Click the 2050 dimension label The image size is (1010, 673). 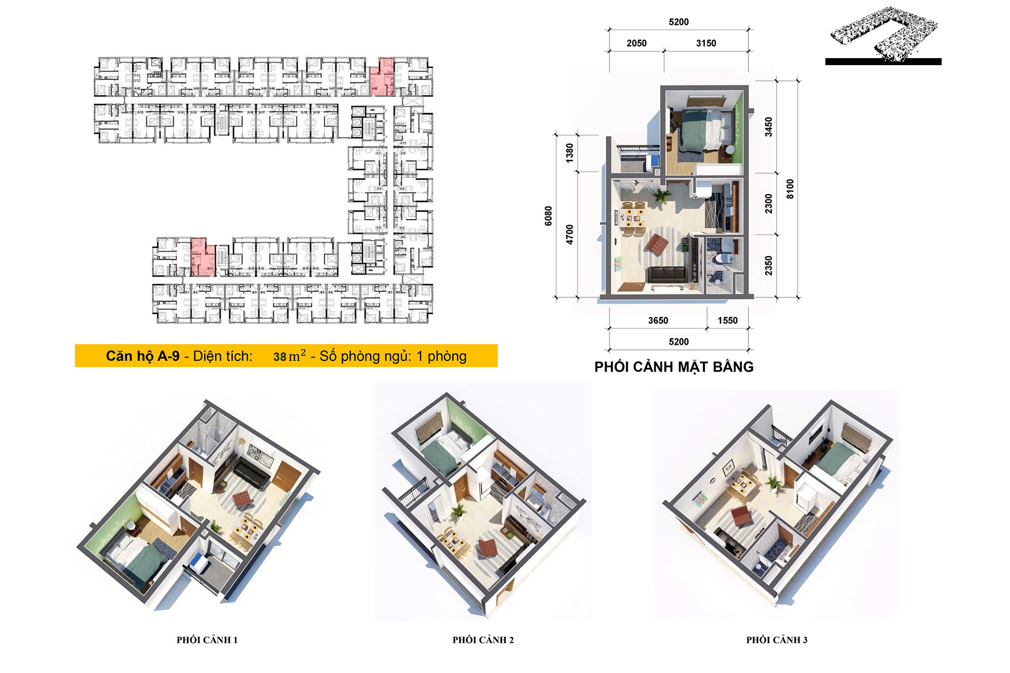636,43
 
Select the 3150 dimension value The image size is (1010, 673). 706,43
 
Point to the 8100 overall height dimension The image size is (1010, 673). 790,189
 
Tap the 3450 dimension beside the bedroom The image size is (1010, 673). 768,127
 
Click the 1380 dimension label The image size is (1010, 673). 570,152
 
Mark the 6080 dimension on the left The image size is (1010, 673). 548,216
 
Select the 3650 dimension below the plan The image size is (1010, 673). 658,321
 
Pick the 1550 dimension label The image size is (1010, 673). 727,321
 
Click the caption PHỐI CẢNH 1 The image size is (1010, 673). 207,640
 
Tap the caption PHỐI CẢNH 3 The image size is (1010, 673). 777,640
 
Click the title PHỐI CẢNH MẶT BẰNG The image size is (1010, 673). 674,367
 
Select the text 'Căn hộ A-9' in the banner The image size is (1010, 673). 143,356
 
